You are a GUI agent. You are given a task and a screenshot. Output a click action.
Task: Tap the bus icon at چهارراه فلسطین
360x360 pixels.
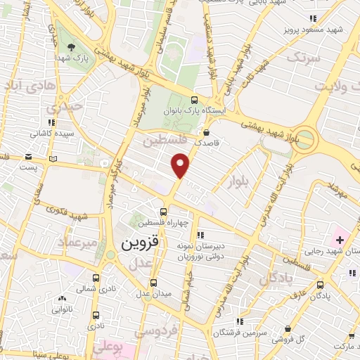pyautogui.click(x=163, y=211)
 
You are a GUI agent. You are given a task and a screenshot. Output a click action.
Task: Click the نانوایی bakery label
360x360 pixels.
pyautogui.click(x=63, y=309)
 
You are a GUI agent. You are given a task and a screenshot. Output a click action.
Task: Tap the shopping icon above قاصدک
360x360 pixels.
pyautogui.click(x=206, y=131)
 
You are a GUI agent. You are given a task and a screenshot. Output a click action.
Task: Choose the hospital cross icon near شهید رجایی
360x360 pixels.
pyautogui.click(x=340, y=240)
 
